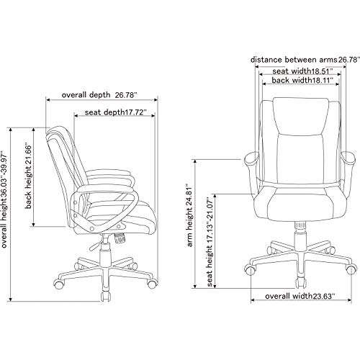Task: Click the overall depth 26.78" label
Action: coord(99,95)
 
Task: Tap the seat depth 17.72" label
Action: coord(116,112)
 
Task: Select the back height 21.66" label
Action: coord(29,177)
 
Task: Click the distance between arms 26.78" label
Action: coord(305,60)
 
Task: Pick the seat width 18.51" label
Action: coord(302,71)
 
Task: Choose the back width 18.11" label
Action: coord(302,80)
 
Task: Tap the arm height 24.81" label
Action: coord(190,215)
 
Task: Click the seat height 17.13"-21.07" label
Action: coord(210,242)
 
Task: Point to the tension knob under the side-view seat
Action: coord(120,238)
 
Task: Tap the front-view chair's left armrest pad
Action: coord(251,158)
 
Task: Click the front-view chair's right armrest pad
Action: coord(348,158)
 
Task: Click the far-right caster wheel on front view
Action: coord(351,270)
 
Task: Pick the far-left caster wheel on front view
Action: coord(250,270)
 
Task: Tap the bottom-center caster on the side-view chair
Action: coord(105,297)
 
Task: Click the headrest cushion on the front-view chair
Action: coord(301,115)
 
